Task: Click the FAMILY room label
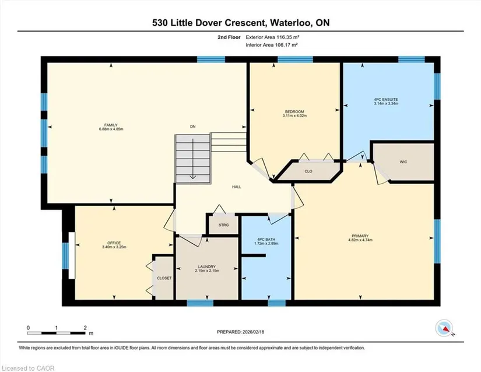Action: click(111, 125)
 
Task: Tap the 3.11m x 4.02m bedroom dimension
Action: click(294, 116)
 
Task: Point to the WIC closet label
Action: click(403, 162)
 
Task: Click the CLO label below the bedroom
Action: click(308, 171)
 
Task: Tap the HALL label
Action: click(237, 187)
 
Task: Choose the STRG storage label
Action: click(224, 225)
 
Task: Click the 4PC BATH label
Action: click(266, 240)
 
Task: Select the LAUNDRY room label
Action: click(207, 267)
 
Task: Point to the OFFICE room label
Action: click(114, 243)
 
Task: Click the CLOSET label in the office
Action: click(164, 278)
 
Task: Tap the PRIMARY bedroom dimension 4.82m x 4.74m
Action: click(360, 240)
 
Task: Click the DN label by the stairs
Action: click(192, 127)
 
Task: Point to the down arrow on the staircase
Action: click(192, 159)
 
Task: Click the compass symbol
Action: click(444, 328)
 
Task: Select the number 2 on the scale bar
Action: click(85, 328)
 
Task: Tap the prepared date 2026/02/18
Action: click(253, 332)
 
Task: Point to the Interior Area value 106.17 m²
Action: click(287, 45)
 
